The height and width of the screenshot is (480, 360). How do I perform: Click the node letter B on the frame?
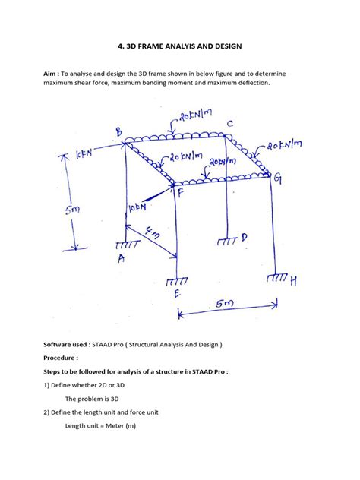pyautogui.click(x=118, y=133)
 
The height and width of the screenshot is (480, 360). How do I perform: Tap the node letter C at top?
pyautogui.click(x=229, y=123)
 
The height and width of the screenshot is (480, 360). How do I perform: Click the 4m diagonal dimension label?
pyautogui.click(x=156, y=237)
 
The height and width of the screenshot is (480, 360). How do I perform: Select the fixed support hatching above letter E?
pyautogui.click(x=177, y=281)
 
